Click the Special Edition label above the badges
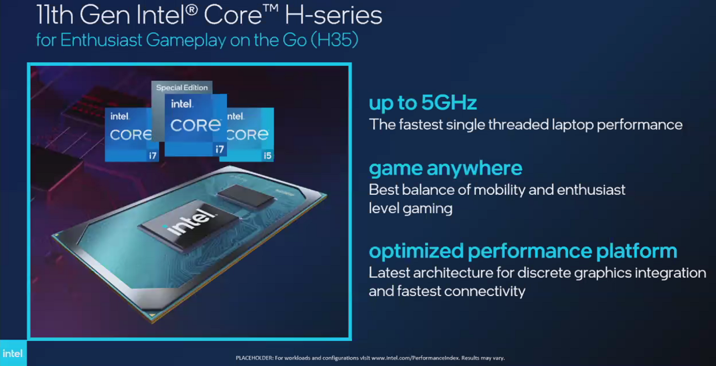pos(182,87)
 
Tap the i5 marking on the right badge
pos(267,155)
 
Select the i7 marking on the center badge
pos(219,149)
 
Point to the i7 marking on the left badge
pos(153,155)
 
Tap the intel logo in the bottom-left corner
pos(13,354)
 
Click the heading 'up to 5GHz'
pos(422,103)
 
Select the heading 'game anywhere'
pos(445,168)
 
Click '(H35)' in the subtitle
pos(334,40)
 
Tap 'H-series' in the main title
pos(333,15)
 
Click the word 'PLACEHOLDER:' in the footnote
pos(255,358)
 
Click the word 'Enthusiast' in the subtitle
pos(101,40)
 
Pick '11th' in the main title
pos(55,15)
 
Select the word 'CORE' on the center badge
pos(195,125)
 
